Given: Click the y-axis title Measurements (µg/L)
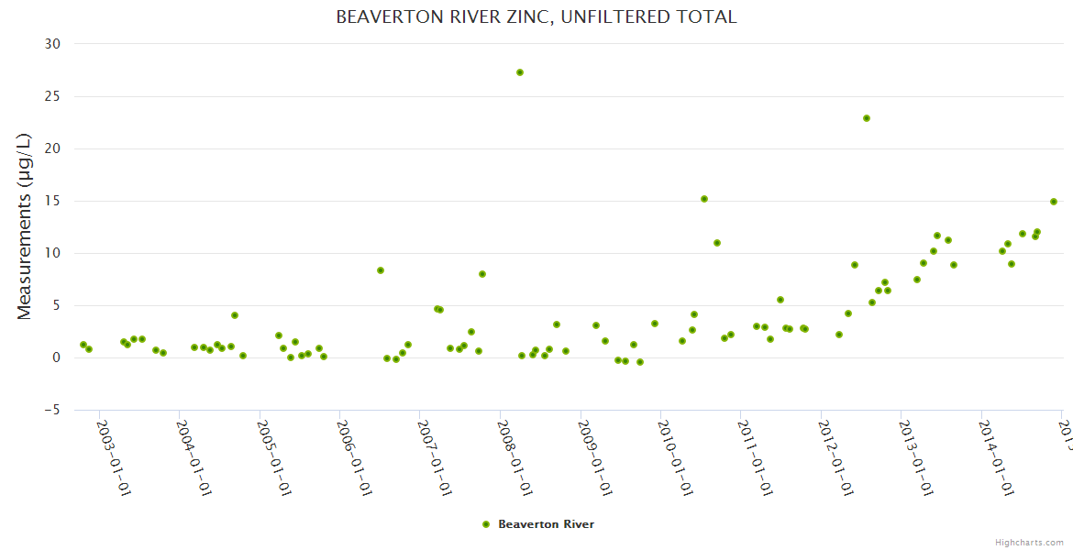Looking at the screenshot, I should pos(25,226).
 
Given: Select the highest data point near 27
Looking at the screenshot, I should pos(520,72).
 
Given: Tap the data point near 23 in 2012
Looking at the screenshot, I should pos(866,118).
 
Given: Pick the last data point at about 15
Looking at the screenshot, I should pos(1054,202).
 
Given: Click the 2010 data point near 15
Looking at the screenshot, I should pos(704,199).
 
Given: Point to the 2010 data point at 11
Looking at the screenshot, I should pos(717,243).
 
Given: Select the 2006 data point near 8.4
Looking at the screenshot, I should pos(381,270).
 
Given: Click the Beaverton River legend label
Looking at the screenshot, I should pos(546,524).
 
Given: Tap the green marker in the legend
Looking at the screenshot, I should pos(486,524).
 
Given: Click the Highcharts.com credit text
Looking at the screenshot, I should pos(1029,543).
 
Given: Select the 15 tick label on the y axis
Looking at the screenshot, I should pos(52,201).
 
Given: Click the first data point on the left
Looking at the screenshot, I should pos(83,345).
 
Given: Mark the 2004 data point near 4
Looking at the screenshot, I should pos(235,315).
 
